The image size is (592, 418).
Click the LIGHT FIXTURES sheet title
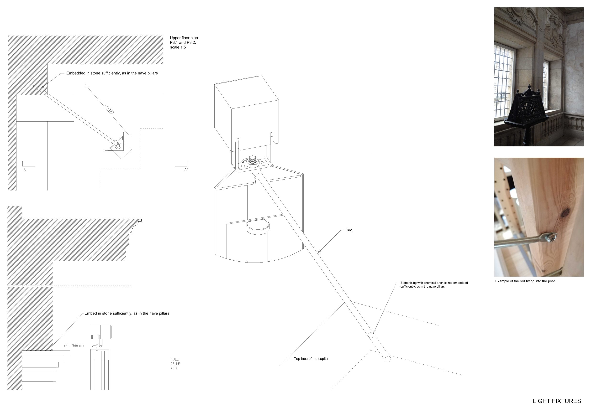(x=557, y=401)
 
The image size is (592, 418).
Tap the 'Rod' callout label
(x=349, y=230)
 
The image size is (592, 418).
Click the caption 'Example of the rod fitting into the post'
(x=525, y=281)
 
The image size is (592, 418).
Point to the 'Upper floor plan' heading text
(x=184, y=38)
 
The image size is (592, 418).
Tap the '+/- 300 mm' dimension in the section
(x=74, y=346)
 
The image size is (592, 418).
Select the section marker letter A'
(x=186, y=170)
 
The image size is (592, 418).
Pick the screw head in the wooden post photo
(x=551, y=237)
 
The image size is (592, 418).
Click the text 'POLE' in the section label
(x=174, y=359)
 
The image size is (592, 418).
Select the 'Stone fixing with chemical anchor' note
(x=434, y=285)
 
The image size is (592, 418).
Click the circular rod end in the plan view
(x=118, y=146)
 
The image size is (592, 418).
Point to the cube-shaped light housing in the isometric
(x=247, y=113)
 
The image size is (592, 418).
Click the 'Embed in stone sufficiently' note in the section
(x=127, y=313)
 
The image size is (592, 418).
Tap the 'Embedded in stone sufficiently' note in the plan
(x=112, y=73)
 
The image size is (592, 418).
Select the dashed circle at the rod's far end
(x=387, y=359)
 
